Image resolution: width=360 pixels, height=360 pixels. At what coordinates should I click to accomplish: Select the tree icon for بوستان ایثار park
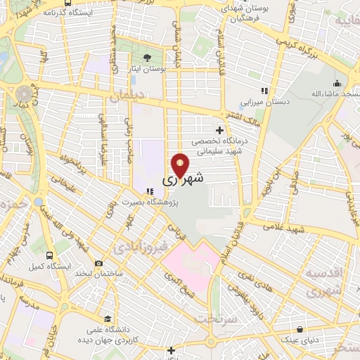147,58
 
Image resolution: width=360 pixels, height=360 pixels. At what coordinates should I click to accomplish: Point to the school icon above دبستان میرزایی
264,91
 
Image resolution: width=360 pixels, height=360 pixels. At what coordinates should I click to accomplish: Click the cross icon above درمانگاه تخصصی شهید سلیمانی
220,130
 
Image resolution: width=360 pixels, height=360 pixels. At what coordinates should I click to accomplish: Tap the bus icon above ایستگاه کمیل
49,255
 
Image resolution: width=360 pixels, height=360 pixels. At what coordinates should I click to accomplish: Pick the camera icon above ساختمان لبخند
98,263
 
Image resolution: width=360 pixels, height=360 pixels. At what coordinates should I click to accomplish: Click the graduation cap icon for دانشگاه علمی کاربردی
105,318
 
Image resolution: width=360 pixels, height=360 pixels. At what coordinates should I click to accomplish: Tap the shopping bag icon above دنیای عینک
300,329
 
